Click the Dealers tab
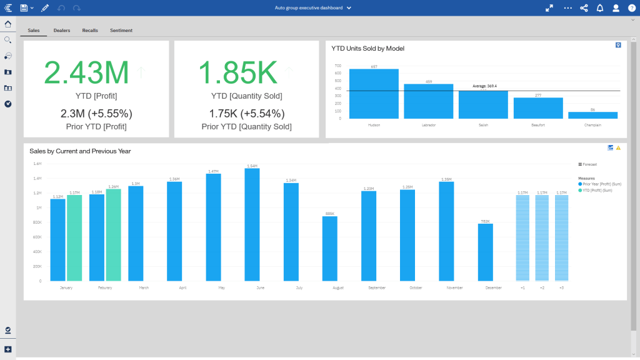point(62,30)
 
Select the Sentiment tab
point(121,30)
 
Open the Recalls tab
point(90,30)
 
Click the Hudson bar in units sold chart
point(374,94)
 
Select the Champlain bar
point(592,115)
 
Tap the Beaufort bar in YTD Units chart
point(538,108)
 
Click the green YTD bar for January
point(74,237)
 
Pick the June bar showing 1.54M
point(252,225)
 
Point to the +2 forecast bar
point(542,237)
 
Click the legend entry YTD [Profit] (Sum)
point(597,190)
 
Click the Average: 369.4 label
point(484,86)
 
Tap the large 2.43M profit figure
point(86,72)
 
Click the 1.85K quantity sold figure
point(237,72)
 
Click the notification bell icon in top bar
point(600,8)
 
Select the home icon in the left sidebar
point(8,24)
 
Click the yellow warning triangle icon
point(618,148)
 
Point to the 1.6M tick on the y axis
point(37,164)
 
